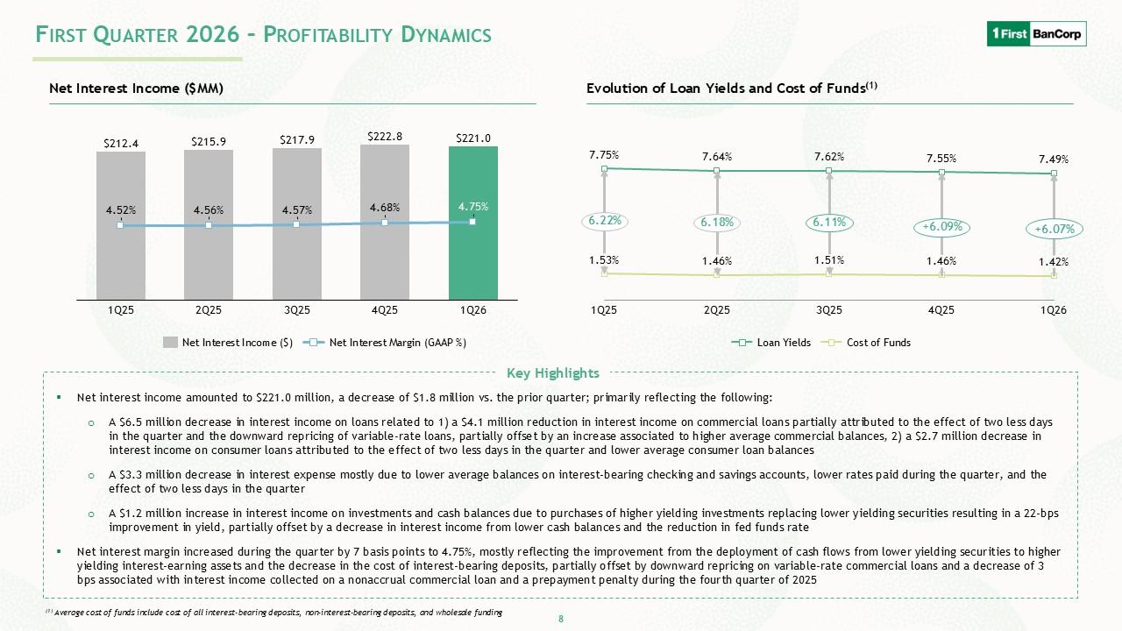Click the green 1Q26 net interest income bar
(x=472, y=223)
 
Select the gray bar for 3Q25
(x=297, y=223)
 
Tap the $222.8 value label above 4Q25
(x=385, y=136)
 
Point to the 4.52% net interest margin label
(x=121, y=210)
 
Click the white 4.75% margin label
(x=472, y=206)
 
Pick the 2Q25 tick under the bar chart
(x=209, y=310)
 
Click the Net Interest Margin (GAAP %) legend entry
(x=385, y=343)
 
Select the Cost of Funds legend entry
(x=866, y=343)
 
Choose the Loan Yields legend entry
(x=771, y=343)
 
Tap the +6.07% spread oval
(x=1055, y=229)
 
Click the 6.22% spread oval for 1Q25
(x=605, y=220)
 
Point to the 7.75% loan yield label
(x=604, y=155)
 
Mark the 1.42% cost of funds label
(x=1054, y=261)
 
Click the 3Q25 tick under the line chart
(x=829, y=310)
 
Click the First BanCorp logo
(x=1036, y=33)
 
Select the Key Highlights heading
(x=553, y=373)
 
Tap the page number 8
(x=561, y=619)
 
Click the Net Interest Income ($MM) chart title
(x=136, y=89)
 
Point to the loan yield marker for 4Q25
(x=941, y=173)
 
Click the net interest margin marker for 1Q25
(x=120, y=225)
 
